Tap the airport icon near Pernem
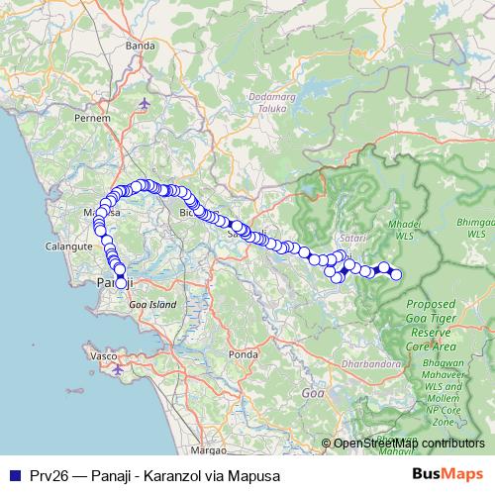147,103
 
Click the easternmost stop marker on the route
396,274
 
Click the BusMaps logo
447,474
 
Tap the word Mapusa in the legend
242,475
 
